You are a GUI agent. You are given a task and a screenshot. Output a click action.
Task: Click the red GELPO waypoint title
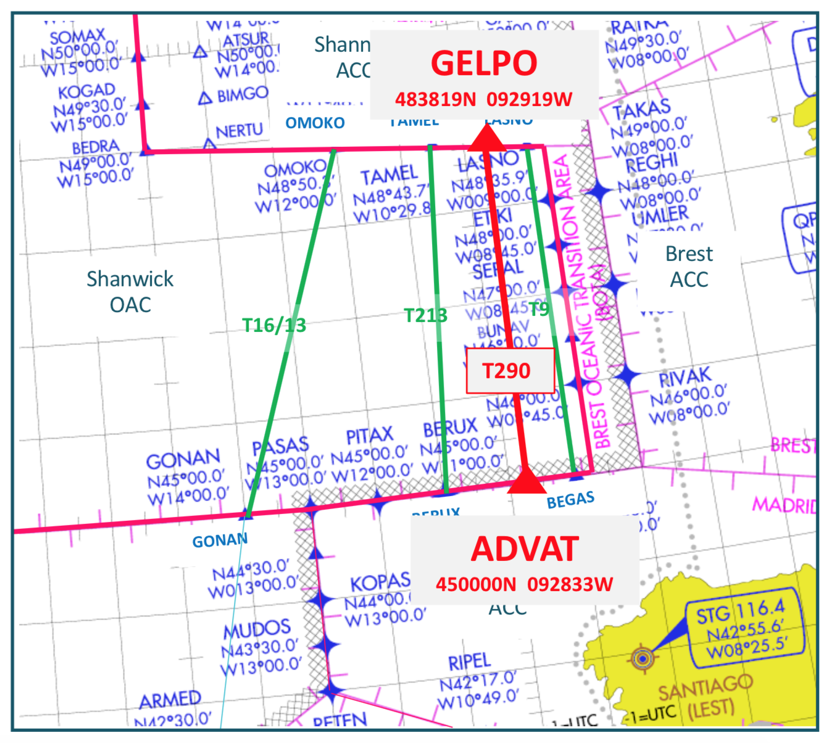pyautogui.click(x=484, y=64)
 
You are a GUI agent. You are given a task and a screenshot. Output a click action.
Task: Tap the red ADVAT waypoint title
pyautogui.click(x=525, y=549)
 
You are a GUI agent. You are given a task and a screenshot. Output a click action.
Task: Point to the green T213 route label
pyautogui.click(x=425, y=315)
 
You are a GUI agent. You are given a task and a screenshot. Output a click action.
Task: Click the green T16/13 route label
pyautogui.click(x=274, y=325)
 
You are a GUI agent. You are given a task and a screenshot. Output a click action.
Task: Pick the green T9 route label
pyautogui.click(x=538, y=309)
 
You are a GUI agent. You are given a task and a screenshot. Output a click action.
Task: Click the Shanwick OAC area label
pyautogui.click(x=130, y=291)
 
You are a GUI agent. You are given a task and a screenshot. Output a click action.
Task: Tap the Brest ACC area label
pyautogui.click(x=689, y=267)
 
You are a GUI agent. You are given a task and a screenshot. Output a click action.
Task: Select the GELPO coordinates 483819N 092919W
pyautogui.click(x=484, y=99)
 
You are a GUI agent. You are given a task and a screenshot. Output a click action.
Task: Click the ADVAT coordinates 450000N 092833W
pyautogui.click(x=525, y=584)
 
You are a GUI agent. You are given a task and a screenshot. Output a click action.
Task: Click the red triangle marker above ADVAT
pyautogui.click(x=526, y=480)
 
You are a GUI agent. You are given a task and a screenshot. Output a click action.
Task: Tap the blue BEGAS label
pyautogui.click(x=570, y=500)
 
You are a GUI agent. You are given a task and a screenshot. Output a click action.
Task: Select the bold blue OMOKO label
pyautogui.click(x=315, y=123)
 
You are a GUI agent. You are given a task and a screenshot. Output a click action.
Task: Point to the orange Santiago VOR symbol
pyautogui.click(x=643, y=658)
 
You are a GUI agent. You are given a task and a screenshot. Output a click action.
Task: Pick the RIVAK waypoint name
pyautogui.click(x=685, y=376)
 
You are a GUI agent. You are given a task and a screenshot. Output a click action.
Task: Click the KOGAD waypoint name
pyautogui.click(x=86, y=92)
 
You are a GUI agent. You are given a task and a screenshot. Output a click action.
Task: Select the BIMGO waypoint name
pyautogui.click(x=242, y=94)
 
